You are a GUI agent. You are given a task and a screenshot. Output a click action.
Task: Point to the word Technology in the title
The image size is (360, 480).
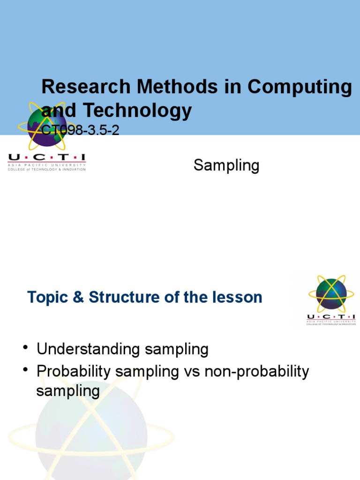(x=137, y=111)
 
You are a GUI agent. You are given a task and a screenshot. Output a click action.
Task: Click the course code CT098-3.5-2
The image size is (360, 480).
(x=80, y=130)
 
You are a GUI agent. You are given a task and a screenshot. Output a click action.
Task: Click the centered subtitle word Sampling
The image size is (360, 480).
(x=226, y=165)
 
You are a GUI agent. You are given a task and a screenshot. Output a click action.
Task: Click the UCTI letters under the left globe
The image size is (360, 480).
(x=46, y=158)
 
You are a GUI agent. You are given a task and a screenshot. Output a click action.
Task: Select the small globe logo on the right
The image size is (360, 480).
(x=331, y=292)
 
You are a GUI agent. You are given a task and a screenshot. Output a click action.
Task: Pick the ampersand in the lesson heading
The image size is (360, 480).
(x=78, y=297)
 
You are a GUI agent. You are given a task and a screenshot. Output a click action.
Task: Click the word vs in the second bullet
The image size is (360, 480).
(x=191, y=372)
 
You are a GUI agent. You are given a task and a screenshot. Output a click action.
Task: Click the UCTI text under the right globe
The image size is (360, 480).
(x=331, y=318)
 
